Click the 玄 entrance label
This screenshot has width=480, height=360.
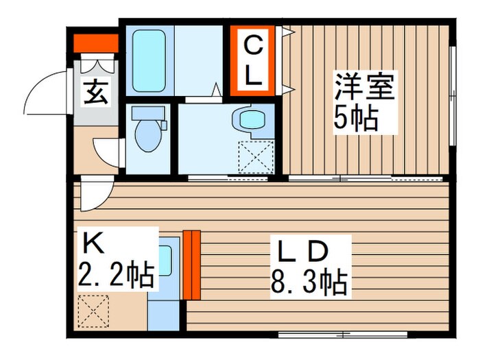(x=96, y=93)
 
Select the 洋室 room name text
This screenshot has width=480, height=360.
(x=364, y=90)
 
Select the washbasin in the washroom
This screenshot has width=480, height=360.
(x=250, y=119)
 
